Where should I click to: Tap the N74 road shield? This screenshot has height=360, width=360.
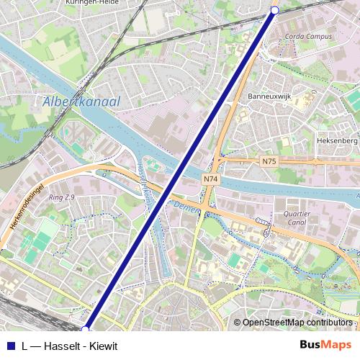pos(210,179)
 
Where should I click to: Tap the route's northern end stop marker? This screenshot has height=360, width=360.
pos(274,9)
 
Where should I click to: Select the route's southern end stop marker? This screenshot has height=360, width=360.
pos(86,329)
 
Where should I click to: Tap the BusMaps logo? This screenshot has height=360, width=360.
pos(325,345)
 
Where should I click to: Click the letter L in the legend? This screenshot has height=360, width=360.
pos(25,346)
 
